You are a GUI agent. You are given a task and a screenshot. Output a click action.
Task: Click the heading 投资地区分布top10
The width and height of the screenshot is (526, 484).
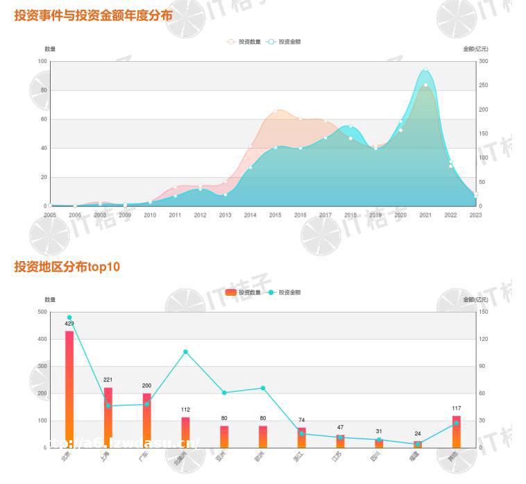coord(67,266)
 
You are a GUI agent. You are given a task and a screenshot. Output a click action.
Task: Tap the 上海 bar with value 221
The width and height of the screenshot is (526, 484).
coord(108,417)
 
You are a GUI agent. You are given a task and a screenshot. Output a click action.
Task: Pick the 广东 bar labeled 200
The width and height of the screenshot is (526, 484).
coord(146,420)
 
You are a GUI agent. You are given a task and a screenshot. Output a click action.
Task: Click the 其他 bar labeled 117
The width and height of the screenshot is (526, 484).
coord(456,431)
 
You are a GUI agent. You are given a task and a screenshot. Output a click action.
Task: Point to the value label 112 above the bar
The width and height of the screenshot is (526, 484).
coord(185,410)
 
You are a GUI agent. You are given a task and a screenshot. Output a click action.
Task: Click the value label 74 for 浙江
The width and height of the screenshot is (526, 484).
coord(301,420)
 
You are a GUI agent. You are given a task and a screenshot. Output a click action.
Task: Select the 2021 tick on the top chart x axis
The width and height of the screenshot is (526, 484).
coord(425,215)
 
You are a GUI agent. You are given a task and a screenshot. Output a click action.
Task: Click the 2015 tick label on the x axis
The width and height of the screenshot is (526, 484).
coord(275,215)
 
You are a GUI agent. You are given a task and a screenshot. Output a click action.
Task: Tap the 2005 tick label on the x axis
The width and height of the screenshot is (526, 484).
coord(50,215)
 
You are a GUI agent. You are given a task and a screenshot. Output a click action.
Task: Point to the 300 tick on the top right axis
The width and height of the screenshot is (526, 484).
coord(484,62)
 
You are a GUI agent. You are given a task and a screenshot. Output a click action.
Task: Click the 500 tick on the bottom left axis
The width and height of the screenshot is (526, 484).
coord(42,312)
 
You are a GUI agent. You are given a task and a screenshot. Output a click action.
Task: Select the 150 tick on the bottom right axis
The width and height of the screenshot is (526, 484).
coord(484,312)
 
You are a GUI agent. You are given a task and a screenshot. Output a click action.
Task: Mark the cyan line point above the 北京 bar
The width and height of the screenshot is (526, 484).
coord(69,317)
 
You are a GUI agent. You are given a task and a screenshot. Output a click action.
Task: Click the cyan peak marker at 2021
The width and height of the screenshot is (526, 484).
coord(425,70)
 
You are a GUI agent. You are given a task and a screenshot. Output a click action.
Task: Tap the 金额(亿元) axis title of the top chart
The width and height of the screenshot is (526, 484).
coord(475,49)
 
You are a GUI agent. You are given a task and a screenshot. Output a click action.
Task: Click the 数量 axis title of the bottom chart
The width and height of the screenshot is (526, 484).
coord(50,299)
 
